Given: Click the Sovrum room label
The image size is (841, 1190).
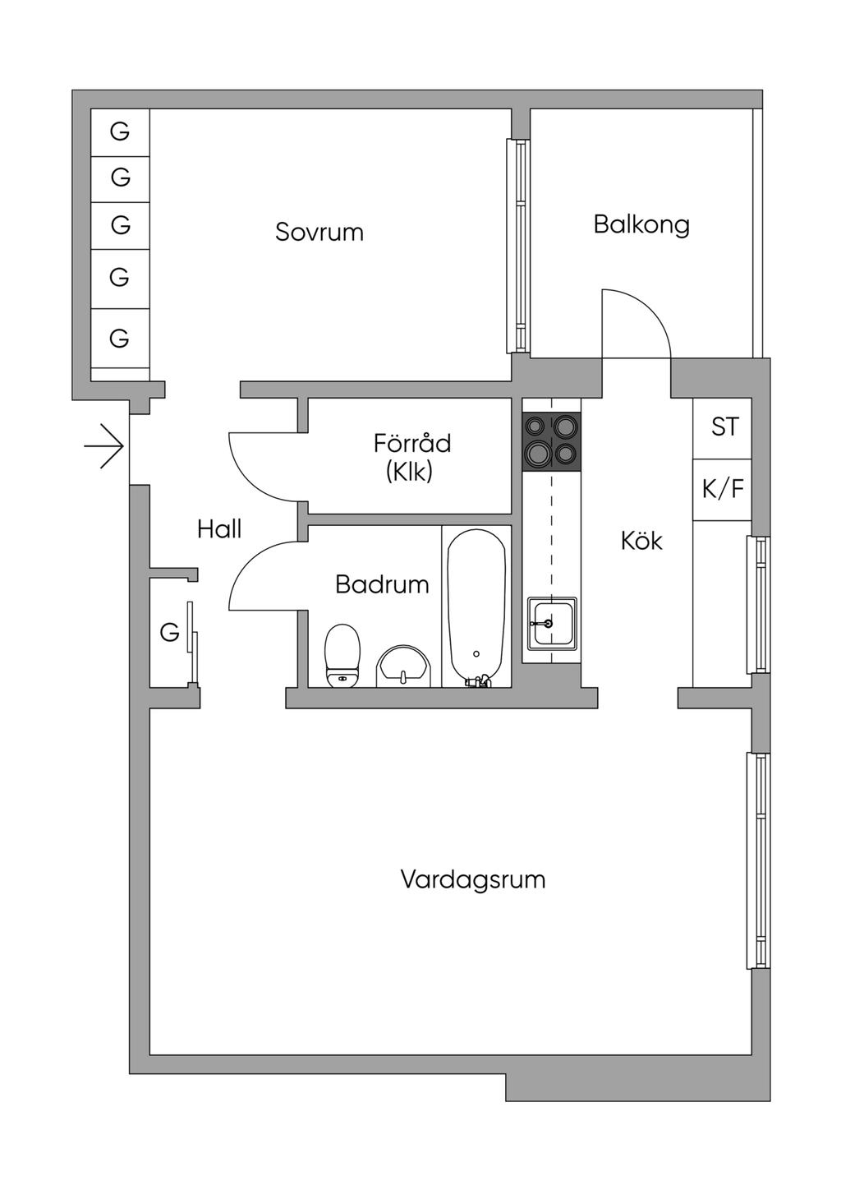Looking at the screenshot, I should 319,232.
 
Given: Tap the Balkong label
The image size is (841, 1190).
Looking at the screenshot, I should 641,224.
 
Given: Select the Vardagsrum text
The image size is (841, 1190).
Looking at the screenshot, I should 473,879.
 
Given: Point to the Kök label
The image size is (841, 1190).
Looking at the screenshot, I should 641,541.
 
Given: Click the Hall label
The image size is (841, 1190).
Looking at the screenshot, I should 219,528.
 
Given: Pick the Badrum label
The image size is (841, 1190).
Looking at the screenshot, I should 382,584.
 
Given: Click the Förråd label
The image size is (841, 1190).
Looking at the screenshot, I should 412,444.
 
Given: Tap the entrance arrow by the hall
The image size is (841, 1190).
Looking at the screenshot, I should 105,447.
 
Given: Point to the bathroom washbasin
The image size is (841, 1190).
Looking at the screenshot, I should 402,666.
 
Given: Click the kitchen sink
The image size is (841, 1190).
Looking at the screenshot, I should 551,624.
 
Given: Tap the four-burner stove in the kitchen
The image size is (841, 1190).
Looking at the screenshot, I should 551,441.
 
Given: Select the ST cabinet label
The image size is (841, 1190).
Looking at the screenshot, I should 724,427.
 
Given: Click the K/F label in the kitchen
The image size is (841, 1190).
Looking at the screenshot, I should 723,489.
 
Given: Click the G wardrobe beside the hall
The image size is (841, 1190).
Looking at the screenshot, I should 170,632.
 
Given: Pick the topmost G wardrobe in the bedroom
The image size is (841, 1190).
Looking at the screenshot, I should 120,131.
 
